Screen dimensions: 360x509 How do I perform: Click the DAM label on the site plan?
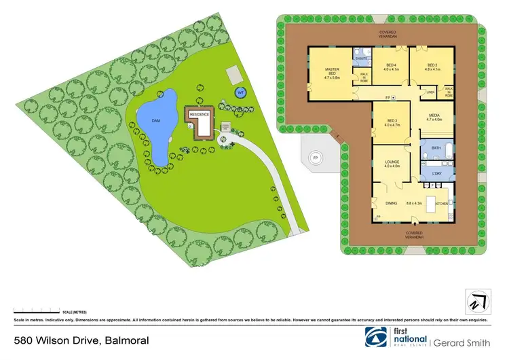click(x=155, y=120)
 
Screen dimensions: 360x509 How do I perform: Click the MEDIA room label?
click(x=433, y=117)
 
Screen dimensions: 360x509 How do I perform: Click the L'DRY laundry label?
click(x=436, y=175)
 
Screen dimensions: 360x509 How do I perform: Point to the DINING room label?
click(x=391, y=202)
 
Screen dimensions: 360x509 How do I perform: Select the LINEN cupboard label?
click(x=430, y=92)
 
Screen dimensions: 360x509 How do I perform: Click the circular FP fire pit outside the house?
click(x=314, y=158)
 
